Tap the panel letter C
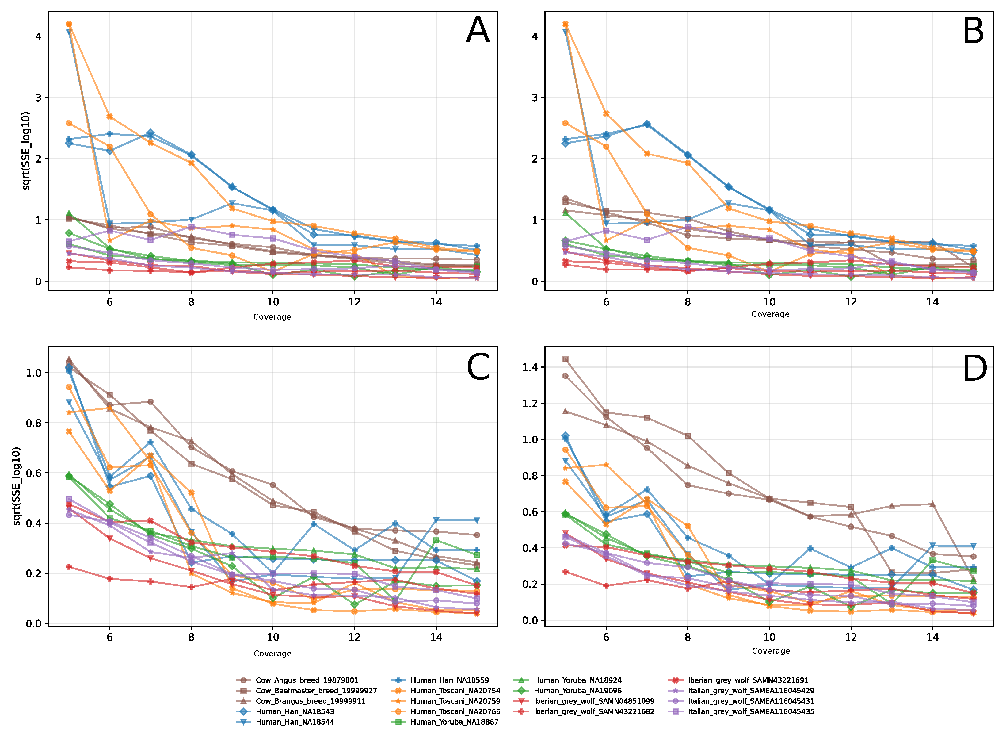pyautogui.click(x=478, y=367)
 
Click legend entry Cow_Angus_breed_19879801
pyautogui.click(x=307, y=680)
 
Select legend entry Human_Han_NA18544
pyautogui.click(x=294, y=722)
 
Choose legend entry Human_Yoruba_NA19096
pyautogui.click(x=577, y=691)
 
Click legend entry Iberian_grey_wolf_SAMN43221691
pyautogui.click(x=748, y=680)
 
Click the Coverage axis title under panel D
pyautogui.click(x=770, y=651)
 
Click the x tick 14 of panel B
pyautogui.click(x=932, y=302)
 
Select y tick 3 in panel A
pyautogui.click(x=38, y=98)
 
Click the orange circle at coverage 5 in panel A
pyautogui.click(x=69, y=123)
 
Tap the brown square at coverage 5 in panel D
pyautogui.click(x=565, y=359)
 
